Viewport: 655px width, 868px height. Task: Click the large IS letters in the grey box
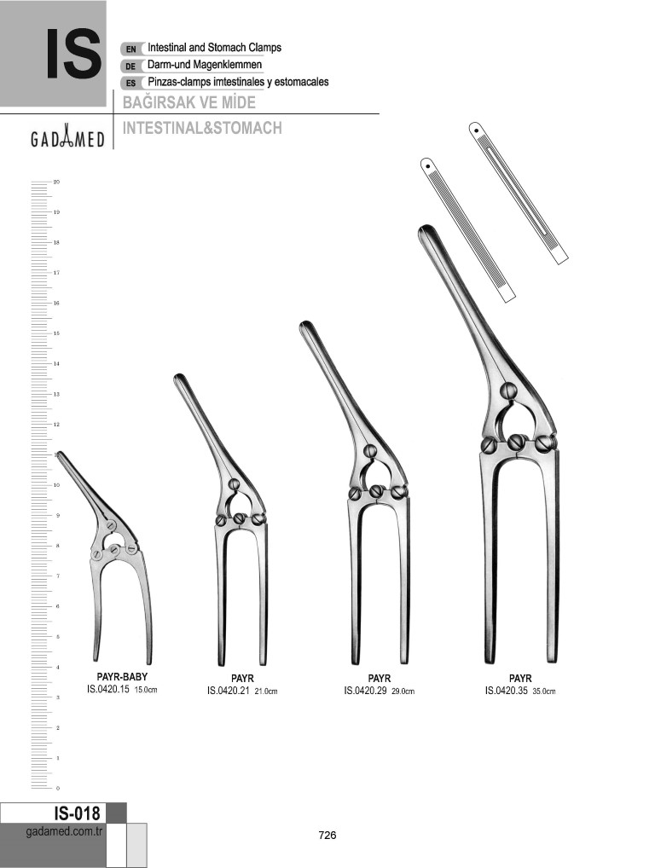[73, 54]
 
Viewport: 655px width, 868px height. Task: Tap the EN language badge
[131, 49]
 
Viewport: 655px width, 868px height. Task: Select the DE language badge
[131, 66]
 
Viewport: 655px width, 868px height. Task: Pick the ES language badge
[131, 83]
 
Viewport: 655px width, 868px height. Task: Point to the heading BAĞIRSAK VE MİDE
[188, 102]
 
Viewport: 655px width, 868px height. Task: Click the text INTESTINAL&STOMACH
[202, 128]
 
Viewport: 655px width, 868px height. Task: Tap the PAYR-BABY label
[122, 676]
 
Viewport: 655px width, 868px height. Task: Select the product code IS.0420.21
[229, 691]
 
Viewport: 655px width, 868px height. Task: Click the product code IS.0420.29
[366, 691]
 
